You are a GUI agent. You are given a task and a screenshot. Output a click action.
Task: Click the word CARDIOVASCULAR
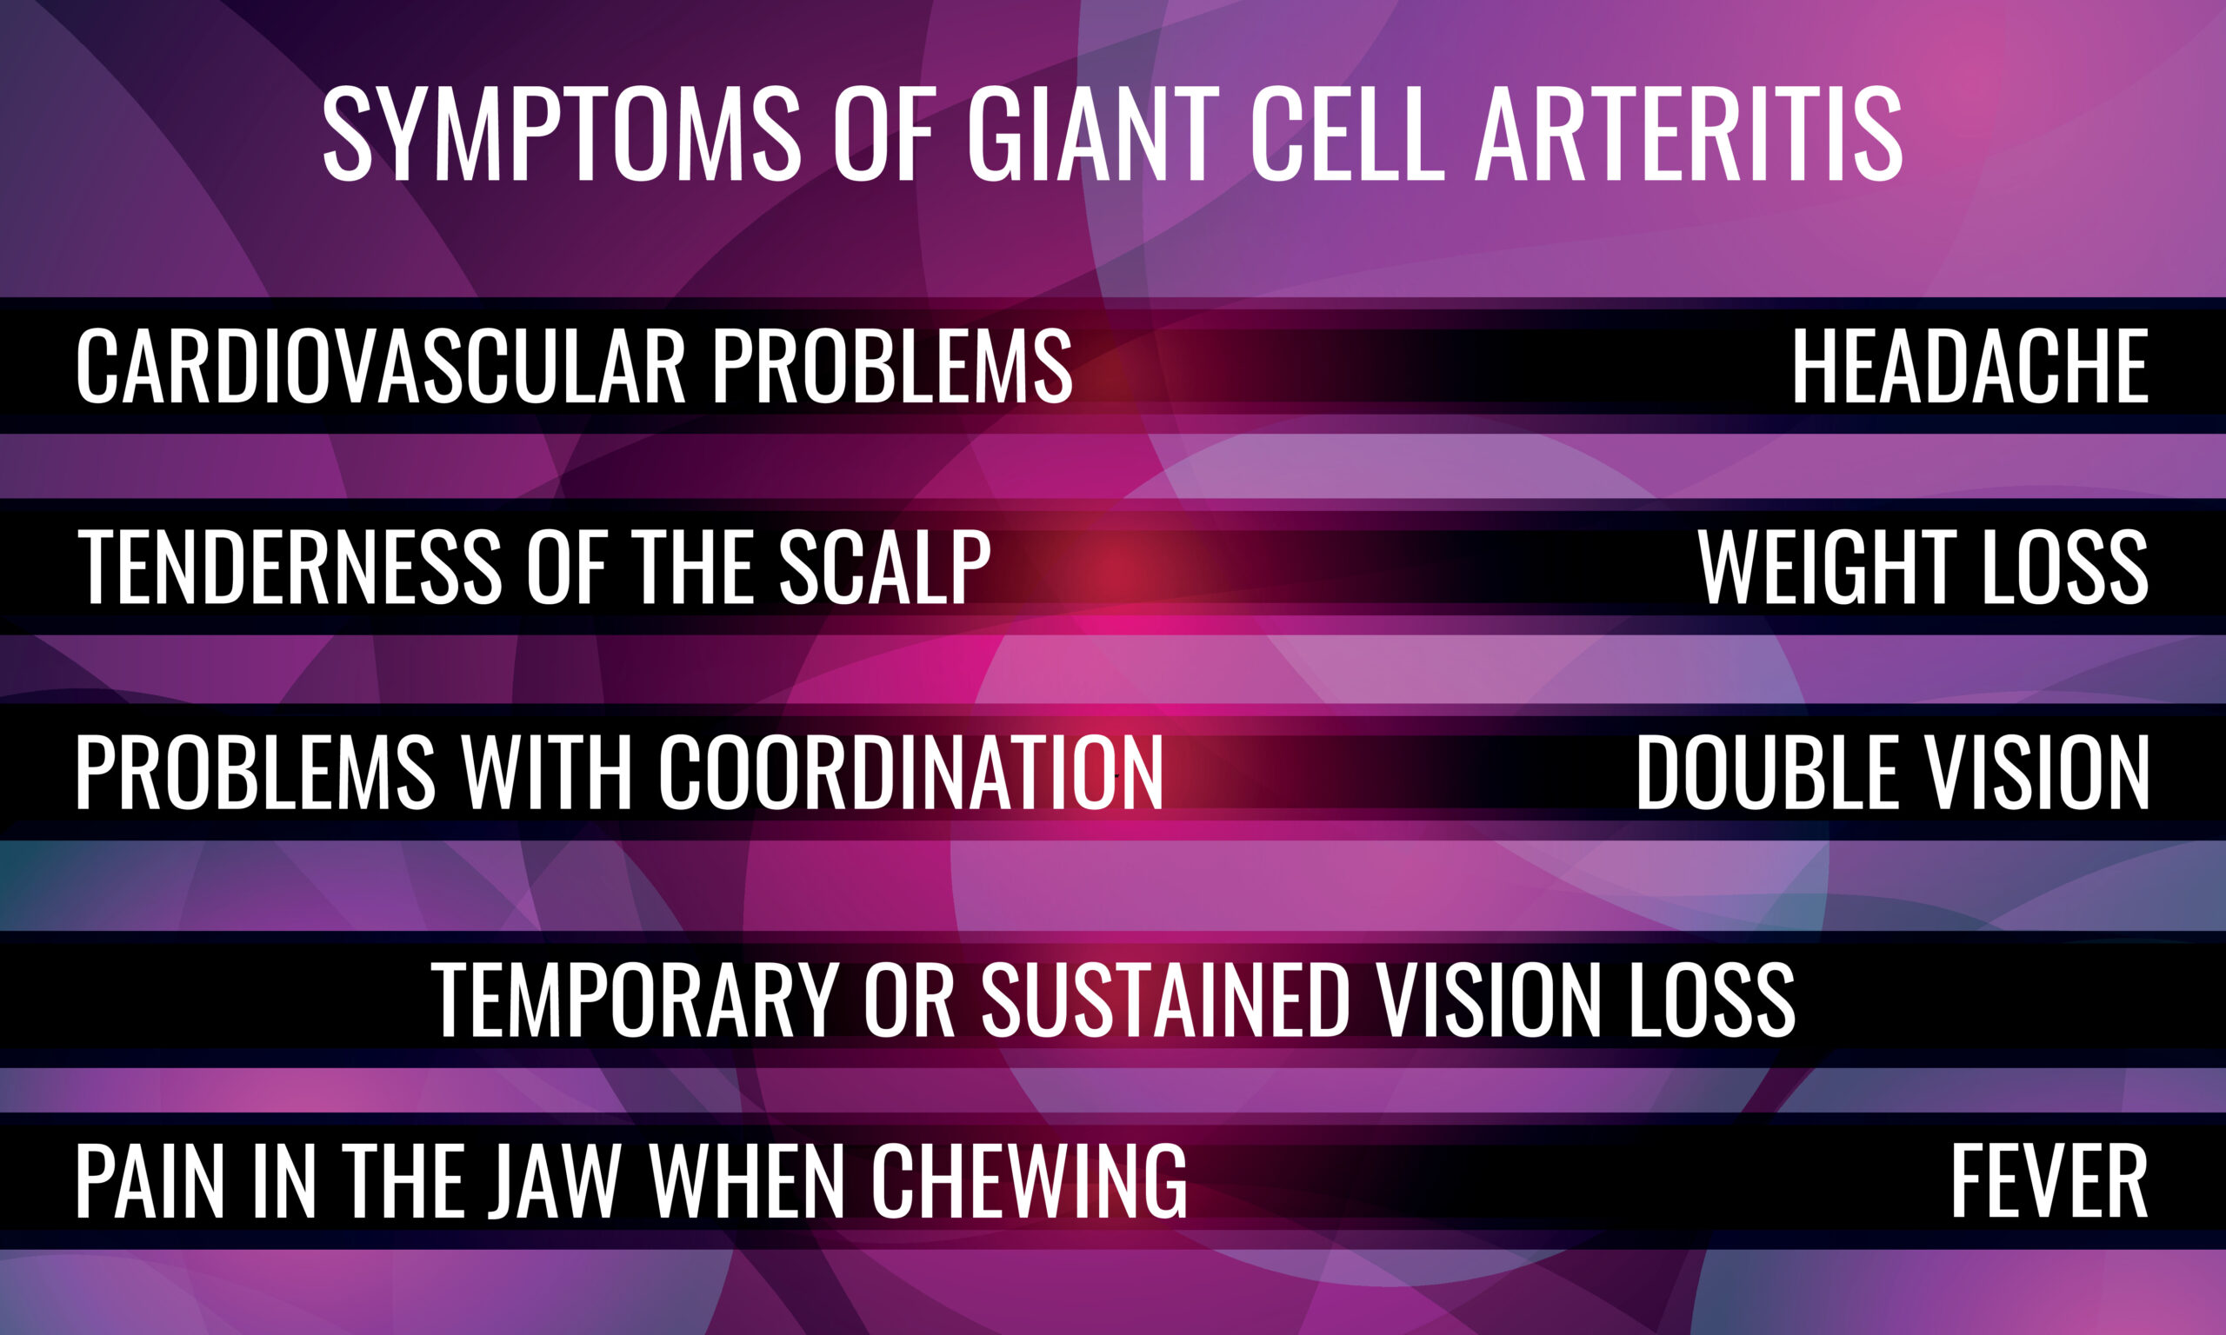click(x=381, y=365)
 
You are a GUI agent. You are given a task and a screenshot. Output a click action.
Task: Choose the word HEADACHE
click(x=1970, y=365)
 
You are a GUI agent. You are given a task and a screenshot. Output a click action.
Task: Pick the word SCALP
click(x=884, y=566)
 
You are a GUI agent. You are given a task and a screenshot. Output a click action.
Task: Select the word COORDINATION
click(x=910, y=771)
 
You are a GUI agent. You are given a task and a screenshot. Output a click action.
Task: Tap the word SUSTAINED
click(x=1165, y=999)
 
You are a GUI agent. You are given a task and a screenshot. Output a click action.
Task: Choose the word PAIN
click(x=150, y=1180)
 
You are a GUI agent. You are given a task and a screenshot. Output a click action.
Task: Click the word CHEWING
click(x=1030, y=1180)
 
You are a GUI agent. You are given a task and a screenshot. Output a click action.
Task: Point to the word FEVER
click(x=2049, y=1180)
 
